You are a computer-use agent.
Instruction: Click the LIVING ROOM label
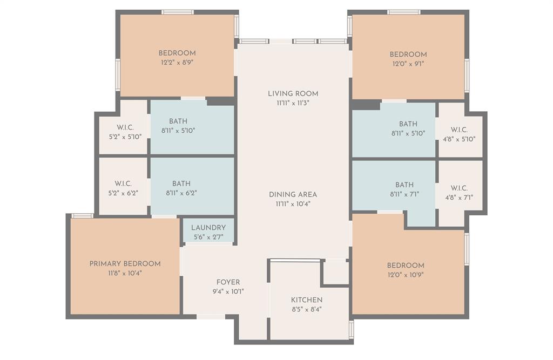pos(293,93)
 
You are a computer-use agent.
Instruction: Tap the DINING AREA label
pos(293,194)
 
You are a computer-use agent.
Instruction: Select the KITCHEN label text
pos(307,300)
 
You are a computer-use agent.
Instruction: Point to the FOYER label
pos(228,282)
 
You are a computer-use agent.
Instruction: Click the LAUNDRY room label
pos(208,228)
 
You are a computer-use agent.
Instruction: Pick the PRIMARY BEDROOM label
pos(125,264)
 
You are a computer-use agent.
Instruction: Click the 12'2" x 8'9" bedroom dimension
pos(177,63)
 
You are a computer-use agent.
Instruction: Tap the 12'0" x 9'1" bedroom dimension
pos(408,64)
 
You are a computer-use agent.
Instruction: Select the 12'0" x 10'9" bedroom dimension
pos(405,275)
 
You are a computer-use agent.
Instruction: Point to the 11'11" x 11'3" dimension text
pos(293,103)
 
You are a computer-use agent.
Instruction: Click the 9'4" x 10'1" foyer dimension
pos(228,292)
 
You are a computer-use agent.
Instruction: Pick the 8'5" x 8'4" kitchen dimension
pos(307,310)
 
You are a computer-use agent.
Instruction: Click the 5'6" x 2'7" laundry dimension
pos(208,237)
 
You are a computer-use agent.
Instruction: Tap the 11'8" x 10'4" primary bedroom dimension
pos(125,274)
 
